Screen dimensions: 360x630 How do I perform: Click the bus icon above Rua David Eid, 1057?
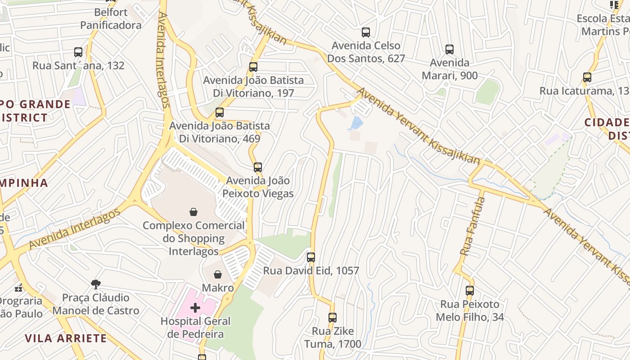[x=311, y=257]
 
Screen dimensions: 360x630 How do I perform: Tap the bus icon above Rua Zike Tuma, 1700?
[x=333, y=318]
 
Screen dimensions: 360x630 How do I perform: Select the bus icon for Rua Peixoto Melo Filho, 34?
[x=470, y=291]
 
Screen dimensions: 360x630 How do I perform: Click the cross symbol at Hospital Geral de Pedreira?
[x=195, y=308]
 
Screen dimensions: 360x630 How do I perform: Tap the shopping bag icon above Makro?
[x=218, y=274]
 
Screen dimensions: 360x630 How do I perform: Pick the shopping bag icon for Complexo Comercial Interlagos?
[x=193, y=212]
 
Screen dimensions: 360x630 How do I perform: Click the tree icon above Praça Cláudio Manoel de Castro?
[x=95, y=284]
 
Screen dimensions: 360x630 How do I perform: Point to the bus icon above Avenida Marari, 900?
[x=449, y=49]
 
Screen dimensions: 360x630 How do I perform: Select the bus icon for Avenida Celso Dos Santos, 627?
[x=366, y=32]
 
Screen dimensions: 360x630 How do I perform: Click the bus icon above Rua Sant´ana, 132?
[x=78, y=52]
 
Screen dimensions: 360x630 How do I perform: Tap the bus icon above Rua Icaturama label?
[x=587, y=77]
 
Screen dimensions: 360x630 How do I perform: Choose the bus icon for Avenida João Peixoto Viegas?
[x=257, y=167]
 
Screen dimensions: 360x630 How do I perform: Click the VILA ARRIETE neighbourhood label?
[x=66, y=338]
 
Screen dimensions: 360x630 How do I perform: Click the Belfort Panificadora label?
[x=111, y=19]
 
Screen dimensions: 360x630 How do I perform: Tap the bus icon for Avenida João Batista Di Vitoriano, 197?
[x=253, y=67]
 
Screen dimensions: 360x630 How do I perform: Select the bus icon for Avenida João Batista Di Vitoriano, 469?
[x=220, y=112]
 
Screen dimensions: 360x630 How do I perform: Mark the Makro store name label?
[x=218, y=288]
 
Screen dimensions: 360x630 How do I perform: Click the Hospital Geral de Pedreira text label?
[x=195, y=328]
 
